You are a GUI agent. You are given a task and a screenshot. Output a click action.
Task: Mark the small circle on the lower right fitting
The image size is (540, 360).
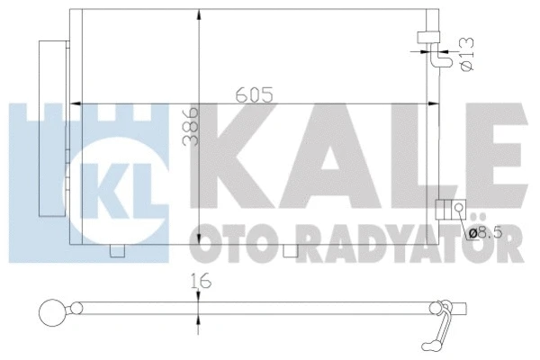[458, 210]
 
